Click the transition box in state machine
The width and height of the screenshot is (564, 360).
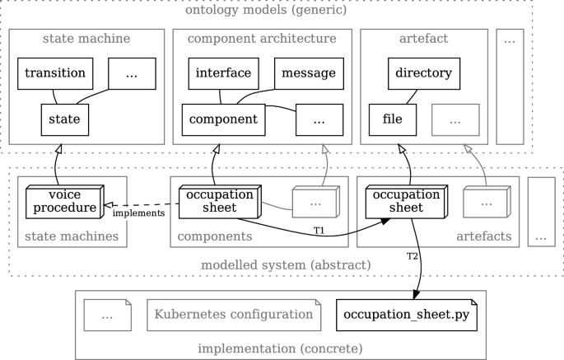[x=55, y=73]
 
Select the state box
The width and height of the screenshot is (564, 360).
[x=64, y=119]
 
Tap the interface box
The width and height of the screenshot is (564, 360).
[x=223, y=73]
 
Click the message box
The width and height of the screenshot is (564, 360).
[x=308, y=73]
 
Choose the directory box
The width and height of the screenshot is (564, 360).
[x=423, y=73]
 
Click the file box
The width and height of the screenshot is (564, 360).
[x=392, y=119]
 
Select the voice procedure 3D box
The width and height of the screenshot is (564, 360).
[x=63, y=201]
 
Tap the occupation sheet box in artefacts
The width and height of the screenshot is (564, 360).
[x=406, y=201]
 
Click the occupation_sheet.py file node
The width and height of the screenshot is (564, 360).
[x=407, y=315]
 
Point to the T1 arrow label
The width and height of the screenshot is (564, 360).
[x=319, y=230]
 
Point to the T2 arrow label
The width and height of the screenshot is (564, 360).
[x=413, y=256]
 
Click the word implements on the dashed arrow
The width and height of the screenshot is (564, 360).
[x=138, y=213]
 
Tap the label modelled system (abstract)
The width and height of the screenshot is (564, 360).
[x=285, y=265]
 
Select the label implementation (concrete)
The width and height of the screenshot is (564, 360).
[x=280, y=348]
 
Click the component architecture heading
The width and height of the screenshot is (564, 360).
[x=262, y=39]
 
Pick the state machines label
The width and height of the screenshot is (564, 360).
[x=72, y=236]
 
